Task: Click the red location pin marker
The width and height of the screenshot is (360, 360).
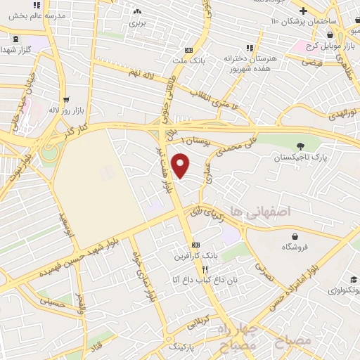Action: pyautogui.click(x=181, y=165)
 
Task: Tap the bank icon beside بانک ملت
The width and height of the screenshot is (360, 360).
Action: pyautogui.click(x=188, y=50)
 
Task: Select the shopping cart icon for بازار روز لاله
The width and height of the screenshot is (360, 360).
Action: pyautogui.click(x=65, y=100)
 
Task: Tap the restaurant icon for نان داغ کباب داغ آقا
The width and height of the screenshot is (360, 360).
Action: pyautogui.click(x=205, y=270)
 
